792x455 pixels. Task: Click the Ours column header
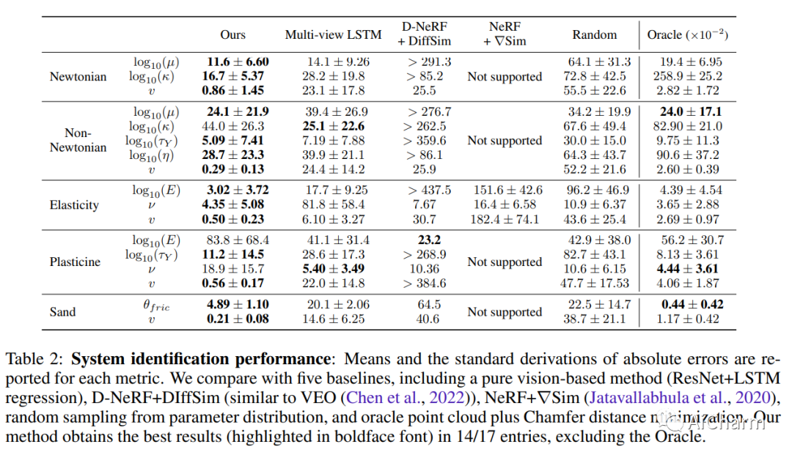click(x=233, y=34)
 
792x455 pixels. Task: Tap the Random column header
click(x=595, y=34)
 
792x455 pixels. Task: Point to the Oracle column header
click(x=687, y=34)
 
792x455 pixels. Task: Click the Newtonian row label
click(x=78, y=76)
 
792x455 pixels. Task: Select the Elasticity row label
click(x=74, y=204)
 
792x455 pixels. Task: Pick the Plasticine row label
click(x=76, y=262)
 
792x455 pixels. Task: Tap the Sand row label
click(x=62, y=311)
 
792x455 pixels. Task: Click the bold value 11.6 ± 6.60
click(x=238, y=62)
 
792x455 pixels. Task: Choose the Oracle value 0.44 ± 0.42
click(x=692, y=304)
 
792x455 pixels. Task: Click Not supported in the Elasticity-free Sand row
click(x=505, y=311)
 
